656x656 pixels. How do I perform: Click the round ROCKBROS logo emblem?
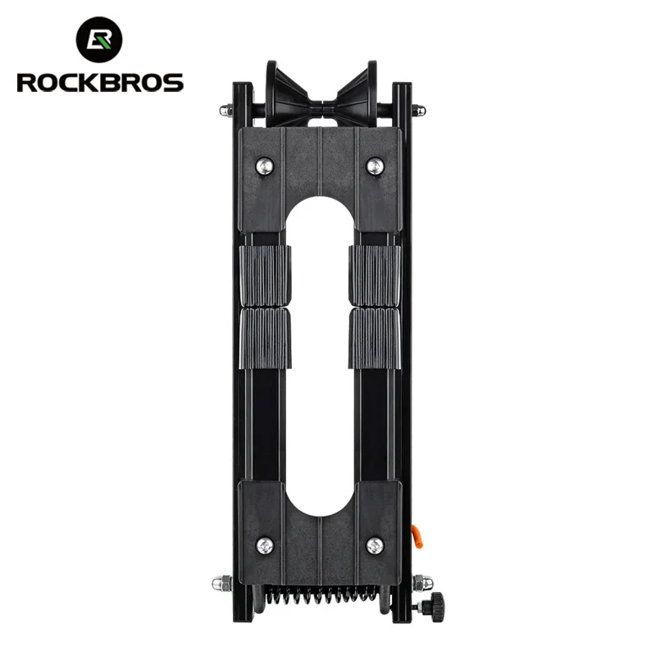coord(99,39)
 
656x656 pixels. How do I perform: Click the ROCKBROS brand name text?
coord(100,83)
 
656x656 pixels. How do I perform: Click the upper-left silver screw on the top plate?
coord(265,166)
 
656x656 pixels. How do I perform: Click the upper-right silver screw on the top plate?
coord(376,166)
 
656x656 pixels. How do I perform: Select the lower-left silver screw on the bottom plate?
coord(265,546)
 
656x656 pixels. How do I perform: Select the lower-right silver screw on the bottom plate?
coord(375,546)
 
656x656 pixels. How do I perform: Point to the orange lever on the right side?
coord(417,537)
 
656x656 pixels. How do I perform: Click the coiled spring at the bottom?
coord(321,594)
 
